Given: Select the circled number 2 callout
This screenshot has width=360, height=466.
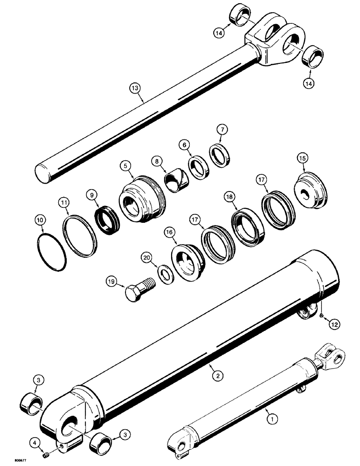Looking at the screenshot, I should click(215, 373).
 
